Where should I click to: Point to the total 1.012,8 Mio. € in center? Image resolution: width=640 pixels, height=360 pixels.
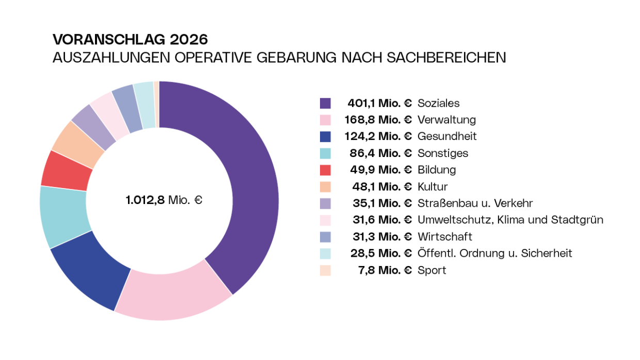tap(164, 200)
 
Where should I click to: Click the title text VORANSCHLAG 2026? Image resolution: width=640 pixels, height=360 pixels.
tap(130, 40)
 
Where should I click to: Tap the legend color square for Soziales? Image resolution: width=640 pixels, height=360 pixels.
tap(325, 103)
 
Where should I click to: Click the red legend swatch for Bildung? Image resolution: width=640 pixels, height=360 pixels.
tap(325, 170)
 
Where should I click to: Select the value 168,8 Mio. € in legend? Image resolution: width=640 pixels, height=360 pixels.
tap(378, 120)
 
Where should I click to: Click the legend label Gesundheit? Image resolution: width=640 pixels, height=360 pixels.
tap(447, 136)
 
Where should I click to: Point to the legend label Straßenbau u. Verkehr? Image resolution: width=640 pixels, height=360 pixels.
tap(475, 203)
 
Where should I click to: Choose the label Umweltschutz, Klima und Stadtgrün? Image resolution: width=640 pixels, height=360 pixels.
tap(510, 220)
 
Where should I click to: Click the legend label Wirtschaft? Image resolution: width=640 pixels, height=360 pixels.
tap(444, 237)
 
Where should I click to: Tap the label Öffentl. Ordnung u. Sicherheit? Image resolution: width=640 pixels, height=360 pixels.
tap(494, 253)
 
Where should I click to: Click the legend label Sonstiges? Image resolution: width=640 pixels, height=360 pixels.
tap(443, 153)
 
